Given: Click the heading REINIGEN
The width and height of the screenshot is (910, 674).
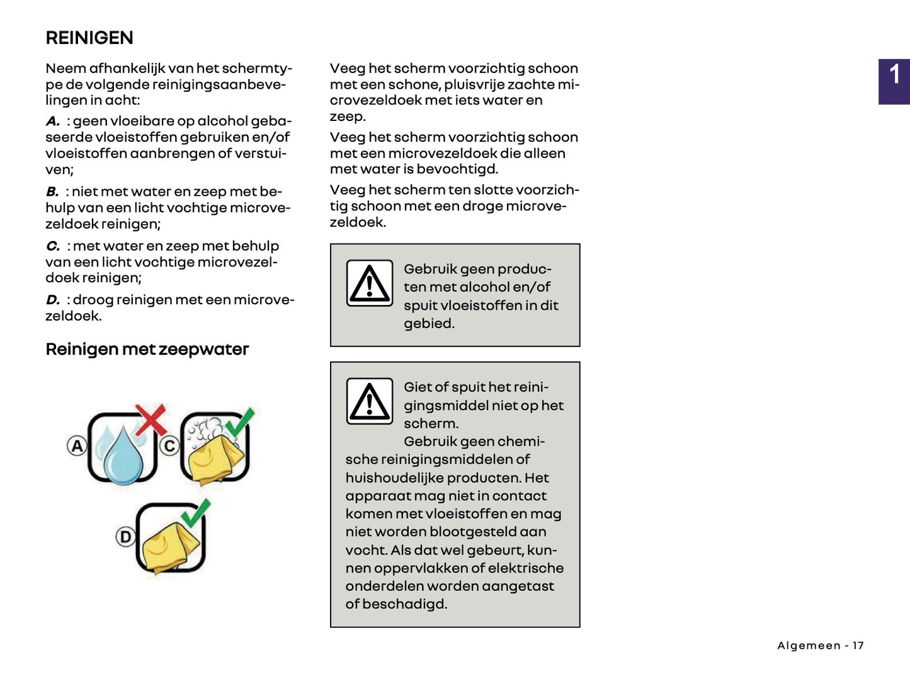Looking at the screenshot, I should (89, 38).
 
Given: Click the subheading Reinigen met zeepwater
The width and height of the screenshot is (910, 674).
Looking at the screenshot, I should (147, 349).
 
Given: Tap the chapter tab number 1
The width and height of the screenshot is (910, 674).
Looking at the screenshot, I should (894, 76).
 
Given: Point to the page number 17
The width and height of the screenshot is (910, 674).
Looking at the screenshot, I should (858, 646).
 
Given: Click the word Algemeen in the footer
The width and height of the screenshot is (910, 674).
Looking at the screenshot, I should (809, 646).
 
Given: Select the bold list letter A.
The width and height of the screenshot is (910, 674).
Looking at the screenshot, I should (52, 121).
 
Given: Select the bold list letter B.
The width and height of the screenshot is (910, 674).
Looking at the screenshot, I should (52, 192).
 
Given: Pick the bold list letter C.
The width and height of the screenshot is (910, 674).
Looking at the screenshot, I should (52, 246).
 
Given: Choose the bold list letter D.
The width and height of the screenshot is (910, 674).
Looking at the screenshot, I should (52, 300).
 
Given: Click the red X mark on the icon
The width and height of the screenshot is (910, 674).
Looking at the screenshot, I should (151, 420).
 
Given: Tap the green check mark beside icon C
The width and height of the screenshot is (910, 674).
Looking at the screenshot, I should (240, 422).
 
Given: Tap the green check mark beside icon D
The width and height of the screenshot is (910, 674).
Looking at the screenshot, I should (196, 513).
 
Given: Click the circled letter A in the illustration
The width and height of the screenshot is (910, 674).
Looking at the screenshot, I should (77, 446).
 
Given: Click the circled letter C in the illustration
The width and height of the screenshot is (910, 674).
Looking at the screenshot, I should (169, 446).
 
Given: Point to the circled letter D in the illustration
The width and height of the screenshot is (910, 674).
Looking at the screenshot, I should (125, 537).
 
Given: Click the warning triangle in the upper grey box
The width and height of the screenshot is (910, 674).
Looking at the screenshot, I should (370, 283).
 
